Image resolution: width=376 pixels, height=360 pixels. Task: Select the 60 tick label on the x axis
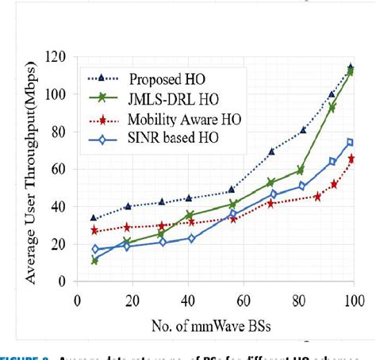pyautogui.click(x=243, y=301)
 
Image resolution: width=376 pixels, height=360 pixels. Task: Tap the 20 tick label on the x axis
pyautogui.click(x=132, y=301)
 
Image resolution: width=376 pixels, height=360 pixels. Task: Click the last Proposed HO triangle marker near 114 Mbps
pyautogui.click(x=350, y=67)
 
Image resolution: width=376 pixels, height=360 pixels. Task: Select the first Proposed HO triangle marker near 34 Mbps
pyautogui.click(x=94, y=217)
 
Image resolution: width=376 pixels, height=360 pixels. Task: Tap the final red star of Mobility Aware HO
pyautogui.click(x=351, y=159)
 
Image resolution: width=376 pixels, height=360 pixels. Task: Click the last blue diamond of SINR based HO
pyautogui.click(x=350, y=143)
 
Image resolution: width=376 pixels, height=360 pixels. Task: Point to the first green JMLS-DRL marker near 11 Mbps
pyautogui.click(x=95, y=260)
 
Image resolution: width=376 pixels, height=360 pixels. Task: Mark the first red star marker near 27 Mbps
pyautogui.click(x=94, y=230)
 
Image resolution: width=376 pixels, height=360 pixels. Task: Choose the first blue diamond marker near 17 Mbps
pyautogui.click(x=95, y=250)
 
